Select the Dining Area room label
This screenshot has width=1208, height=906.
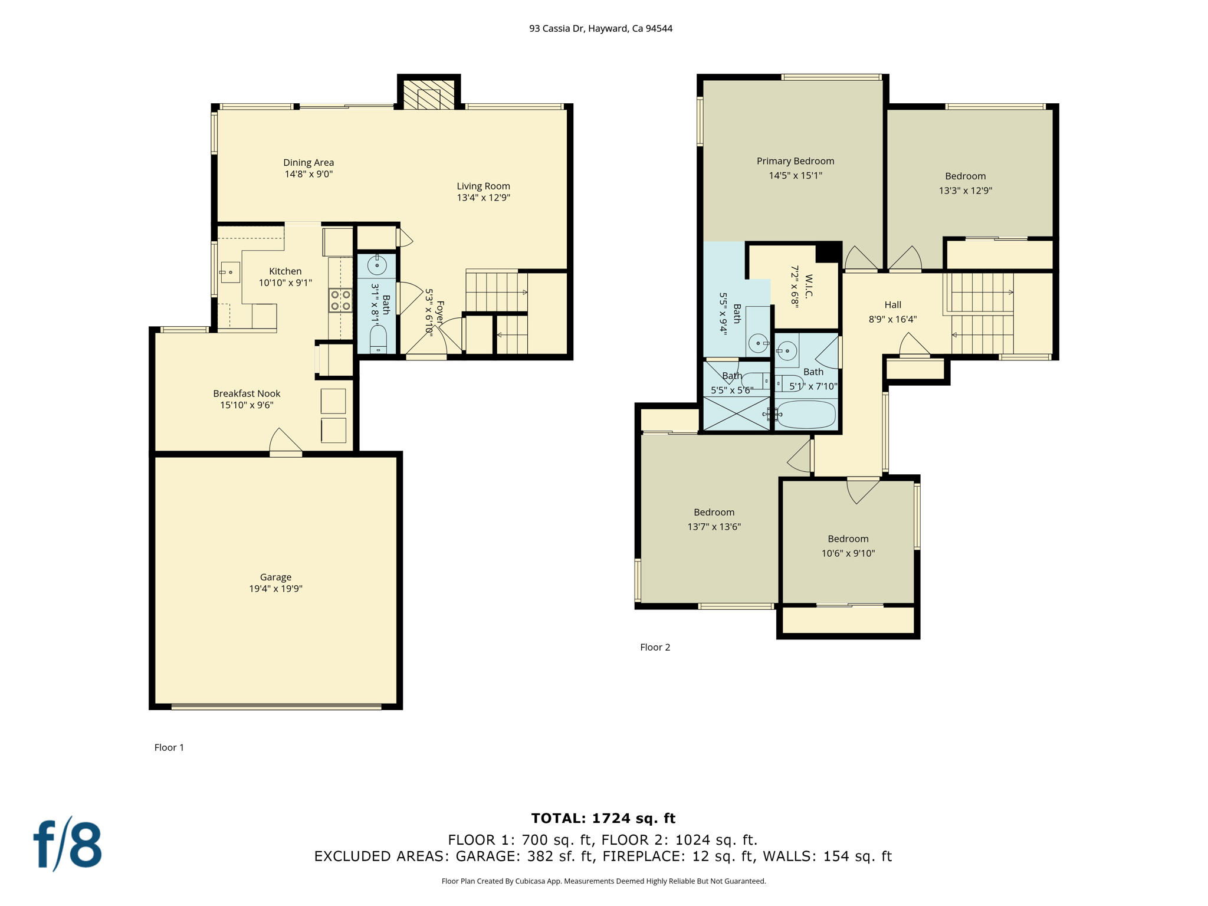coord(308,162)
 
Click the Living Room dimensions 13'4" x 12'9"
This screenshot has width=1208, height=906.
coord(483,198)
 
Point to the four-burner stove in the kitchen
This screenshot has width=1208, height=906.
coord(340,300)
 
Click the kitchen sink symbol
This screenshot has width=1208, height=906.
coord(230,273)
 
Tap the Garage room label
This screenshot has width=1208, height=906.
coord(275,577)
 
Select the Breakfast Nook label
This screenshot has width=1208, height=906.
coord(247,393)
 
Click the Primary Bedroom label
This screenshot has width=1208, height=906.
coord(795,161)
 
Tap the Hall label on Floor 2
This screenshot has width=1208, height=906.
coord(892,305)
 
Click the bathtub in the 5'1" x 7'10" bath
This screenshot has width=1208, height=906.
coord(806,415)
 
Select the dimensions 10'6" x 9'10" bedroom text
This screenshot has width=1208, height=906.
coord(848,553)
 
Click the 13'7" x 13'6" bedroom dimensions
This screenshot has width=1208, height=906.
coord(714,527)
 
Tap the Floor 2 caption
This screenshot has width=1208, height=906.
coord(655,647)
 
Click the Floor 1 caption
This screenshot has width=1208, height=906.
coord(169,747)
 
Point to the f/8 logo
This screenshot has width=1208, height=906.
coord(68,845)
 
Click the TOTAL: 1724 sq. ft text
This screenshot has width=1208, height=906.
coord(603,818)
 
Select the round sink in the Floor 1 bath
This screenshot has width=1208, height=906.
coord(377,265)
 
